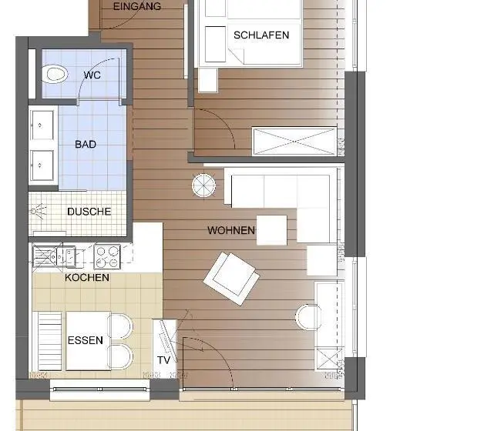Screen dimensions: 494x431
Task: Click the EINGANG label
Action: point(137,6)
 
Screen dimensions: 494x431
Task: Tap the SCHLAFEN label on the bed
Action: point(261,35)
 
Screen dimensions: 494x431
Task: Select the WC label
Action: point(92,75)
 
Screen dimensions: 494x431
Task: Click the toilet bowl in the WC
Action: point(55,74)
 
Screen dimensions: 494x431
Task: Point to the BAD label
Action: point(86,145)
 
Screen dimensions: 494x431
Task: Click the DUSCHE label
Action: point(89,212)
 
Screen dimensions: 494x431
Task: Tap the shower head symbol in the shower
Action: point(38,211)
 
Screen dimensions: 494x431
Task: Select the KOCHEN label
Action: point(87,278)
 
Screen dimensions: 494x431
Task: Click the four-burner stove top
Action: point(107,257)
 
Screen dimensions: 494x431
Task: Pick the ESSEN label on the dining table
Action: point(85,340)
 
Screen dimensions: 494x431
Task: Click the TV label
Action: point(163,360)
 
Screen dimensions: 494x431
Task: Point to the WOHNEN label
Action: point(231,231)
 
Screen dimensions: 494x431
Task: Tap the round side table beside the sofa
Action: point(203,185)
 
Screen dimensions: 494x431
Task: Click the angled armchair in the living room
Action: point(231,279)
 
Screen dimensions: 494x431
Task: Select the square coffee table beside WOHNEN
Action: point(271,230)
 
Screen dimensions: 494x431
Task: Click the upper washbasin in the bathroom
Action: point(42,125)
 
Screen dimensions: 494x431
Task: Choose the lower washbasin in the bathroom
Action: point(42,165)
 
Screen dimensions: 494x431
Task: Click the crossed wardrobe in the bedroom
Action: point(294,142)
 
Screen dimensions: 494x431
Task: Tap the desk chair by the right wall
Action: point(308,317)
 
